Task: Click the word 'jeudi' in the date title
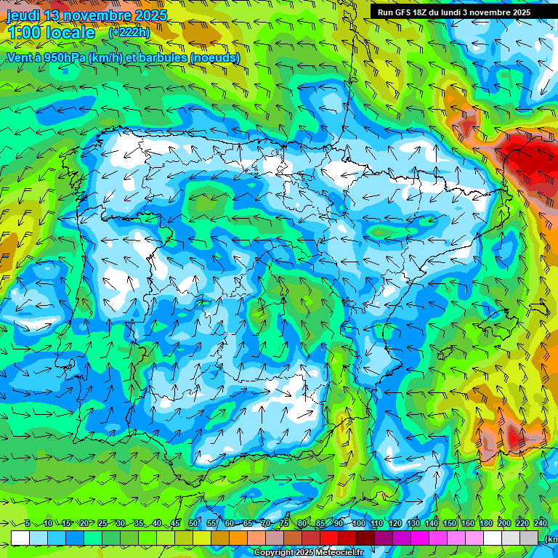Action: (25, 15)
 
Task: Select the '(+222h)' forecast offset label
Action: (129, 32)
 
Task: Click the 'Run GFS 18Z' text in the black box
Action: (403, 12)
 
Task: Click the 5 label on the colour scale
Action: (27, 524)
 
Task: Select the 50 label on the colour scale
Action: (193, 524)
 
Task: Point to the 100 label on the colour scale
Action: (358, 524)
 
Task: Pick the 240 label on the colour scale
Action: (541, 524)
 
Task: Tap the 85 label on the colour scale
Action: (320, 524)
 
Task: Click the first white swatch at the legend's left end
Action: (20, 538)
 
